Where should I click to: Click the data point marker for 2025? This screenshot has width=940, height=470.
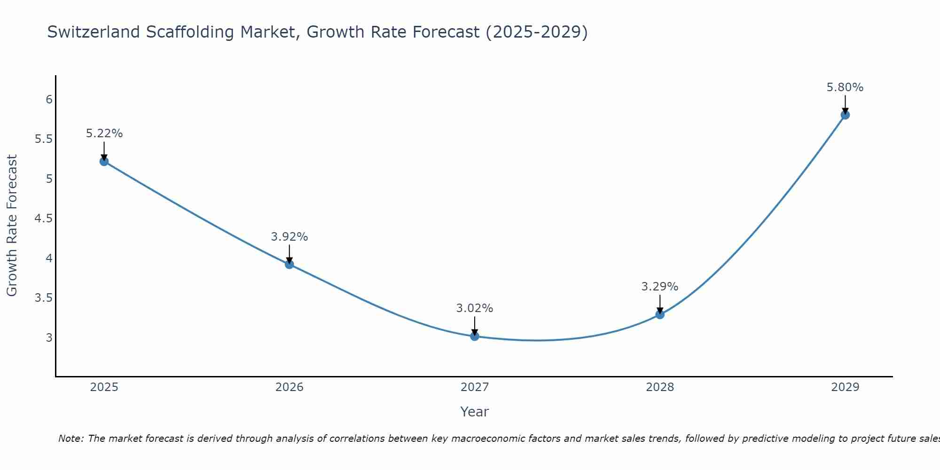(x=104, y=162)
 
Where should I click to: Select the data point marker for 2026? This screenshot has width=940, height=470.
(x=290, y=265)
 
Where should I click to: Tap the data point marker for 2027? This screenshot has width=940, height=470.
(x=475, y=337)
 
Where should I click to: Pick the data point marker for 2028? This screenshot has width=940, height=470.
(x=660, y=314)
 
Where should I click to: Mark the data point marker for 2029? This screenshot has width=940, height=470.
(x=845, y=115)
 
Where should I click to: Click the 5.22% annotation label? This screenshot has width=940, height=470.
(x=104, y=133)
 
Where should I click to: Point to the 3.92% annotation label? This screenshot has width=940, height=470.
(x=290, y=237)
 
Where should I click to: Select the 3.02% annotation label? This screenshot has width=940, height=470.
(x=475, y=308)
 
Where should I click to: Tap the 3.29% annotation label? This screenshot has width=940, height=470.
(x=660, y=287)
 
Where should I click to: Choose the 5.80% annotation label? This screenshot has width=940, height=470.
(x=845, y=87)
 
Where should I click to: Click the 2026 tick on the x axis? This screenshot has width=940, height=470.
(x=290, y=387)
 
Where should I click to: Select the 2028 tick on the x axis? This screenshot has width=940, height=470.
(x=660, y=387)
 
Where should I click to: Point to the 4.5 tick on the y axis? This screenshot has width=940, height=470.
(x=43, y=219)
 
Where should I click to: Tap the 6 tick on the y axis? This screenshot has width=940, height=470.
(x=49, y=100)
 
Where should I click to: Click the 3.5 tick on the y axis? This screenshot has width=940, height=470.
(x=43, y=298)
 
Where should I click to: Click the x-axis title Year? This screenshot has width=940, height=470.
(x=475, y=412)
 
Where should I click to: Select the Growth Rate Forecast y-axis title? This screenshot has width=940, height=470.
(x=12, y=226)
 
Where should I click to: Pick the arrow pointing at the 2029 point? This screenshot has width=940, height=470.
(x=845, y=104)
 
